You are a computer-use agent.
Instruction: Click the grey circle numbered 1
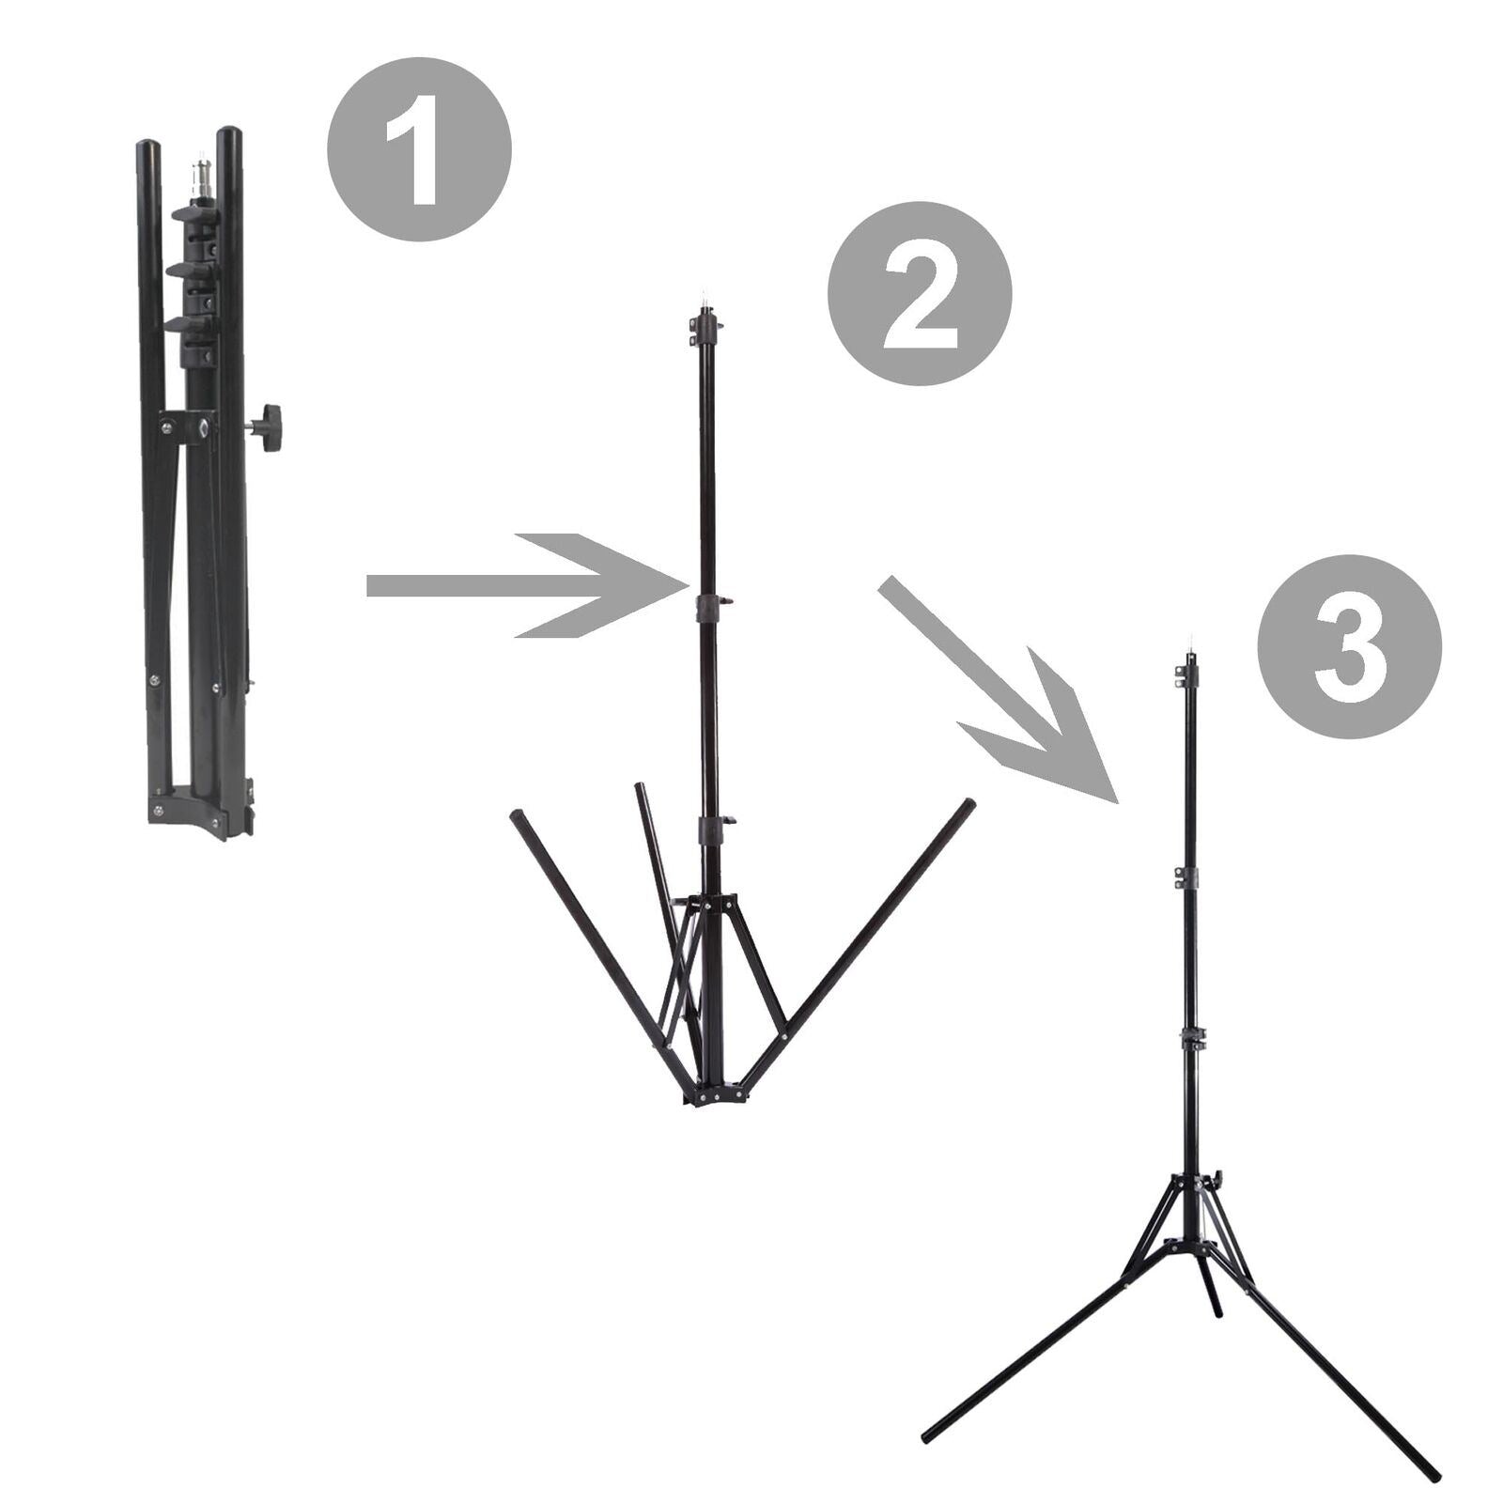point(419,149)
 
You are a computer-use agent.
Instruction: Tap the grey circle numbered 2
point(919,293)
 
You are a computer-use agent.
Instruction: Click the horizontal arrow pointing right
point(527,586)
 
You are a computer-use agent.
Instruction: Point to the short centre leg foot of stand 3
point(1217,1308)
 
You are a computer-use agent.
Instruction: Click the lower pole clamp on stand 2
point(713,829)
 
